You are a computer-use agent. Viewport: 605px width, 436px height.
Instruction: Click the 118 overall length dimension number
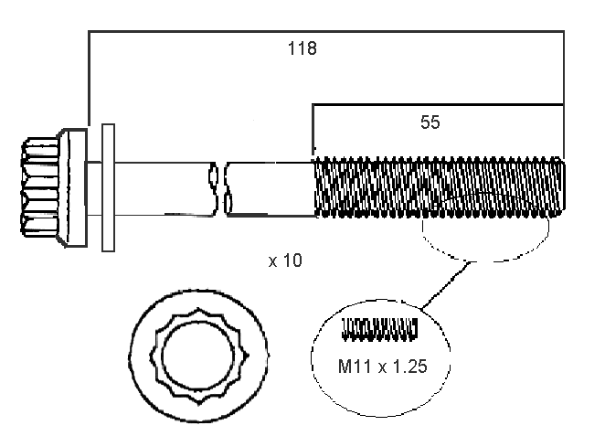pos(302,49)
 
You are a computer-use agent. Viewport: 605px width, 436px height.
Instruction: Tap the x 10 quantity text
pos(285,261)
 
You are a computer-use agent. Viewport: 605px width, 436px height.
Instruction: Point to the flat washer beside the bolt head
pos(107,187)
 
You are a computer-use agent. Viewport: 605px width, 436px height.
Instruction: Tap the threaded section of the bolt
pos(439,187)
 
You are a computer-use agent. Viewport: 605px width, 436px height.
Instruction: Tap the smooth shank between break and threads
pos(271,188)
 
